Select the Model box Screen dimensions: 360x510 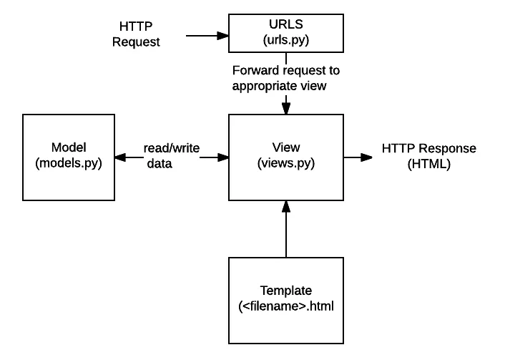pos(69,156)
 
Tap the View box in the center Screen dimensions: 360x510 pos(285,156)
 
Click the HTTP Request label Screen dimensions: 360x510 pos(136,34)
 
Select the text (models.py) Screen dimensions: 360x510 pos(69,163)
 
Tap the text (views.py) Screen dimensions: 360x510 pos(285,163)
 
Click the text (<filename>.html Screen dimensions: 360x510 pos(286,306)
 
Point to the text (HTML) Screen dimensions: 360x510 pos(428,164)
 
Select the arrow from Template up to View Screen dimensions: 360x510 pos(285,229)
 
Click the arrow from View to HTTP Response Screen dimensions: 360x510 pos(358,156)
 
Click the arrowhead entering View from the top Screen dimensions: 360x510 pos(285,107)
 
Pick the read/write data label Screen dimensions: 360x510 pos(170,156)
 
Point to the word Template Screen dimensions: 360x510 pos(285,291)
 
